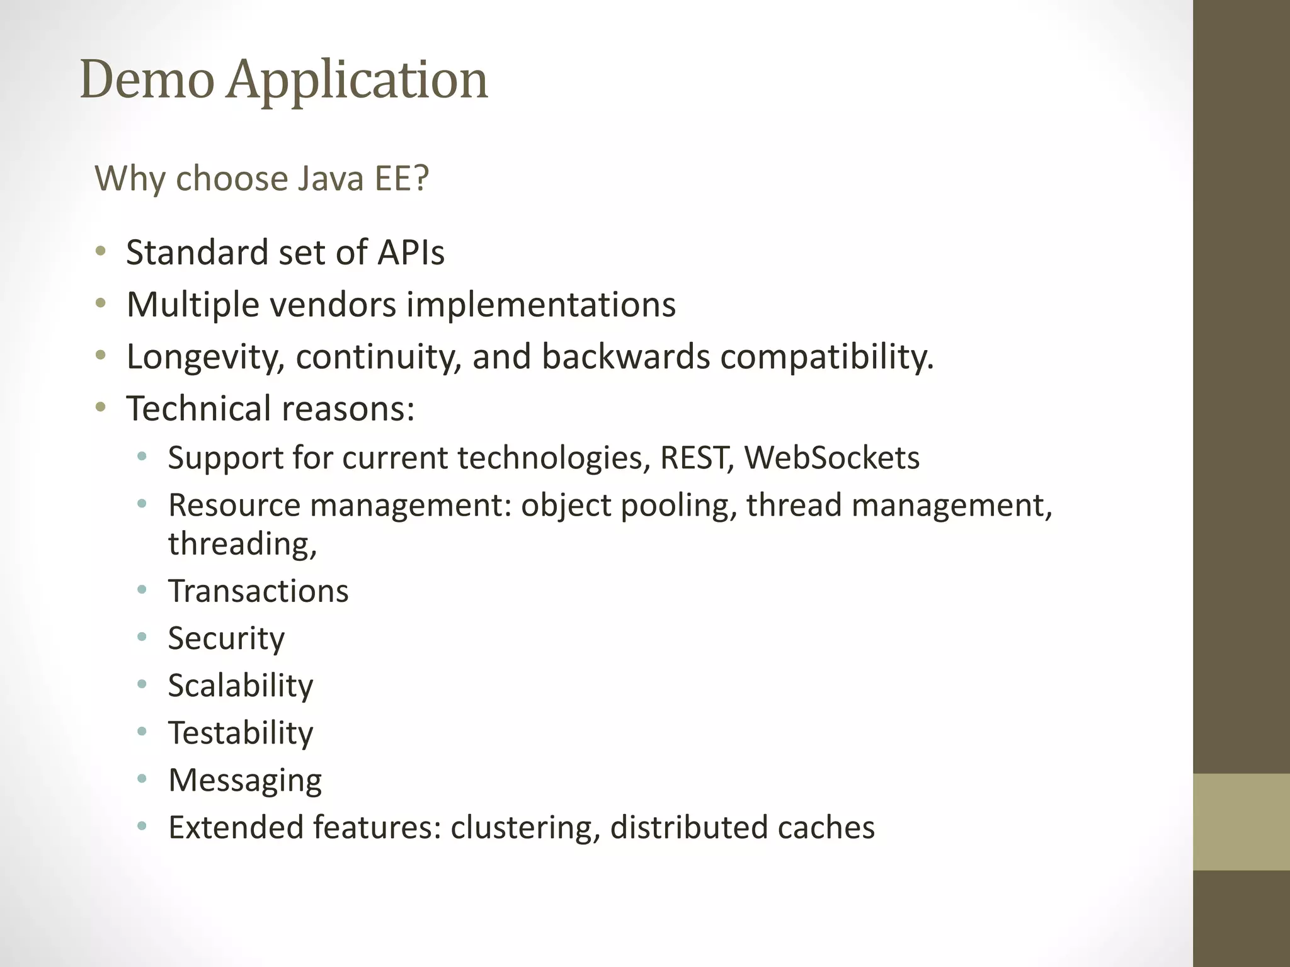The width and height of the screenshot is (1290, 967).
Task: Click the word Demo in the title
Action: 147,80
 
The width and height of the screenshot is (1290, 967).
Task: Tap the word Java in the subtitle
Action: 330,178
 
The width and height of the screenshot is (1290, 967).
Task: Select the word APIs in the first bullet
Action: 411,252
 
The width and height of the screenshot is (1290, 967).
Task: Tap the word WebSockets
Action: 831,458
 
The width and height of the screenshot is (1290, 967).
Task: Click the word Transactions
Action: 258,591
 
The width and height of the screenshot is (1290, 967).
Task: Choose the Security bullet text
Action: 226,639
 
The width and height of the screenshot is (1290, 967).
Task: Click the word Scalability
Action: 241,686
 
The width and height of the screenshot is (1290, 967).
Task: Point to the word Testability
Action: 241,733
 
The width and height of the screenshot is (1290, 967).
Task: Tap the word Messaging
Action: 245,781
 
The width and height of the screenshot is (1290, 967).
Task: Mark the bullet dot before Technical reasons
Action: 101,408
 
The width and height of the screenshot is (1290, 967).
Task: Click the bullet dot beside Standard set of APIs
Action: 101,252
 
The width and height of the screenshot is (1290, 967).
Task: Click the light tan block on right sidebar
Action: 1241,822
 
